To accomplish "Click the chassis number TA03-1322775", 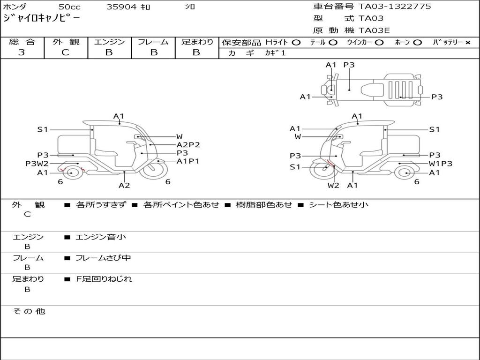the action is click(395, 7).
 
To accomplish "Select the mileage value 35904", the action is click(121, 7).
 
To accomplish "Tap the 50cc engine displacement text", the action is click(69, 7).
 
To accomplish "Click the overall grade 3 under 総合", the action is click(22, 52).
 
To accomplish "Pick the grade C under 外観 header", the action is click(65, 52).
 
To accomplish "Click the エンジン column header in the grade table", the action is click(109, 42).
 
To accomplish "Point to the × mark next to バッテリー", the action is click(468, 43).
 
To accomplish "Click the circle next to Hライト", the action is click(296, 43).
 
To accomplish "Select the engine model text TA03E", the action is click(374, 30).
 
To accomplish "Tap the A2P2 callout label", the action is click(188, 145).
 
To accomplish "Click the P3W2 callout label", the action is click(37, 164).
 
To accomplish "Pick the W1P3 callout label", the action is click(441, 164).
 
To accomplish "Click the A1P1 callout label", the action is click(188, 161).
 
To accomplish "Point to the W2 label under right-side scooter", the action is click(333, 185).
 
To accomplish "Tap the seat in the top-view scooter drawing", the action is click(372, 90).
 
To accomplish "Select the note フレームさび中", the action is click(103, 258).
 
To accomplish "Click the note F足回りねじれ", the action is click(104, 279).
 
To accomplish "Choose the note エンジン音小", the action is click(101, 237).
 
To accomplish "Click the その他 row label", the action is click(29, 311).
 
